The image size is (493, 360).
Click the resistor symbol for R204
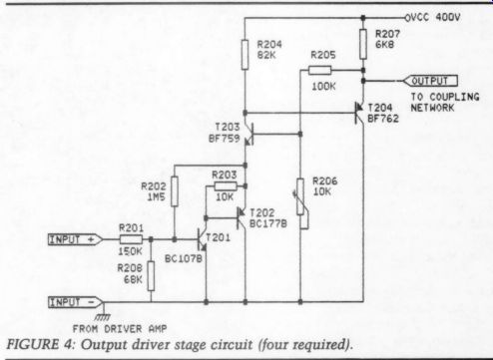pos(245,55)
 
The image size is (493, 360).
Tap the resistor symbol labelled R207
pos(363,44)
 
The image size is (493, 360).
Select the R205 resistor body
pos(320,70)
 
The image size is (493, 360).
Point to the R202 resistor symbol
pos(175,191)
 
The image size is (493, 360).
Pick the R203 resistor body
pos(226,185)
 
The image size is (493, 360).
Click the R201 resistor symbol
pos(131,239)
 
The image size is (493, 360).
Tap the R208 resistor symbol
pos(151,276)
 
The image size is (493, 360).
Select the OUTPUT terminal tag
pos(430,81)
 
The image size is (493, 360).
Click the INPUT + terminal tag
pos(76,239)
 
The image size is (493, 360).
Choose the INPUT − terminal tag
pos(76,302)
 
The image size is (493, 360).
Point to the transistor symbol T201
pos(202,239)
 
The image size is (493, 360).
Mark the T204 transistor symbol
pos(359,113)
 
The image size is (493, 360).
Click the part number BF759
pos(225,138)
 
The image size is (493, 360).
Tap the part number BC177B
pos(268,223)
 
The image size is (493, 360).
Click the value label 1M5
pos(156,197)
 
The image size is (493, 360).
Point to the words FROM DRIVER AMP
pos(120,329)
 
